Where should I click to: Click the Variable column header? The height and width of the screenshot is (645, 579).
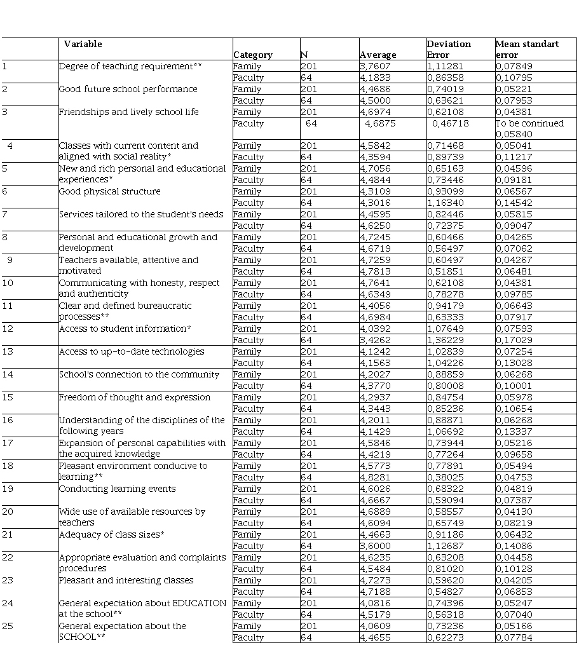point(83,44)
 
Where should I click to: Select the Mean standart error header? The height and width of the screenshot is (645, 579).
point(527,49)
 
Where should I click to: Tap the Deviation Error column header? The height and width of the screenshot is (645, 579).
point(449,49)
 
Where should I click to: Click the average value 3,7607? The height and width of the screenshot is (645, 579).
point(375,66)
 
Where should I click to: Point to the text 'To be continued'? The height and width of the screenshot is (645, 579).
point(529,123)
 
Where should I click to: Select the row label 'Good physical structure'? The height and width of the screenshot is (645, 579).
point(109,191)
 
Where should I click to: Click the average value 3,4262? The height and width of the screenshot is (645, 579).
point(375,340)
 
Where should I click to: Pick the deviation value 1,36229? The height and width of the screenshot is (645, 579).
point(449,340)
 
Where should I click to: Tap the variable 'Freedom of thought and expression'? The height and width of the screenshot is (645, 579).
point(135,397)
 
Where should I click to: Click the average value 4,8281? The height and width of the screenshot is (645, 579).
point(375,477)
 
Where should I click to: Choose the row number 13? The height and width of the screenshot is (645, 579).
point(8,351)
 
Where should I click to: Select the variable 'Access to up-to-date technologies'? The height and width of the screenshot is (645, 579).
point(132,351)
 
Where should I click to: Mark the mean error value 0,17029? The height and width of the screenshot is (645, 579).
point(514,340)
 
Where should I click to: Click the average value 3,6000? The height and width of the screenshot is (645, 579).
point(375,546)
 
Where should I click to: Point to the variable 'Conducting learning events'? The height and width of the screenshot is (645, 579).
point(117,489)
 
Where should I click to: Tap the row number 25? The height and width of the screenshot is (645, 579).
point(8,626)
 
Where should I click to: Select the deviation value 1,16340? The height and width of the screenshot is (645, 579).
point(449,203)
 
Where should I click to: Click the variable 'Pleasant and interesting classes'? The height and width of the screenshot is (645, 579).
point(126,580)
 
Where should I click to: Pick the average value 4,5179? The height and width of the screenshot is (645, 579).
point(375,614)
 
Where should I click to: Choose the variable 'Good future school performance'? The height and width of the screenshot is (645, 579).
point(128,89)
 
